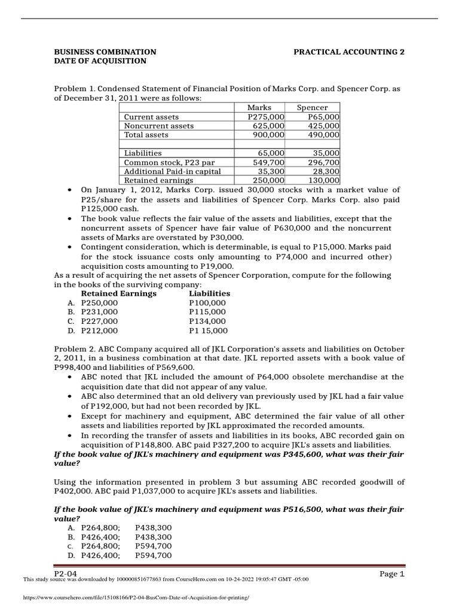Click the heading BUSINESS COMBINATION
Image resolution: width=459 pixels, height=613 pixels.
coord(105,52)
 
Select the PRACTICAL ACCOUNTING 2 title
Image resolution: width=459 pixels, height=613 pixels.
coord(349,52)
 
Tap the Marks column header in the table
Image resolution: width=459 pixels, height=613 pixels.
coord(259,107)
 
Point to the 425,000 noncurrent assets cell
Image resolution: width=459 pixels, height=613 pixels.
coord(322,126)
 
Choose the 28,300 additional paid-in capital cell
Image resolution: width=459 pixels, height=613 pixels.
coord(325,171)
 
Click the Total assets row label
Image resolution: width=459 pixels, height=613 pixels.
coord(146,135)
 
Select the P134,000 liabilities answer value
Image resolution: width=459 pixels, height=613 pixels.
coord(207,321)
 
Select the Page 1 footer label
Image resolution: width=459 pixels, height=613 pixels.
coord(392,574)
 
